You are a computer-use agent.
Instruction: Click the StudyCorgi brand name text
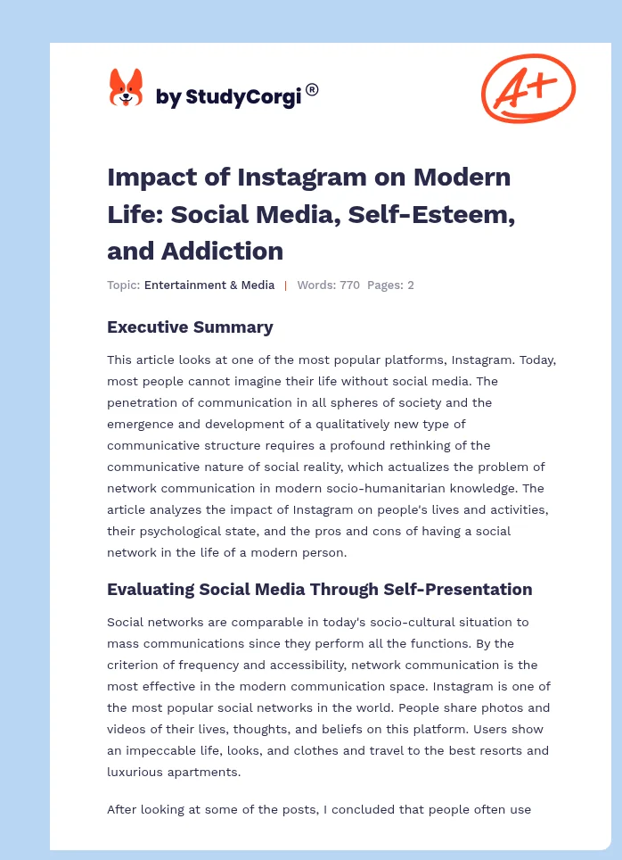pos(228,96)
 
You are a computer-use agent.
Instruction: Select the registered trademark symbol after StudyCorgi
pos(312,89)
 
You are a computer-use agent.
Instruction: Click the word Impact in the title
pos(146,177)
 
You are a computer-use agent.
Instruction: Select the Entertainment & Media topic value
pos(209,285)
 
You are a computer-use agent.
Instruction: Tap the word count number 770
pos(348,285)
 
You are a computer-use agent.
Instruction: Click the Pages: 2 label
pos(390,285)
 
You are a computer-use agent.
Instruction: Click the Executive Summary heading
pos(190,327)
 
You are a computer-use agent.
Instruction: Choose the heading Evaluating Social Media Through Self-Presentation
pos(319,590)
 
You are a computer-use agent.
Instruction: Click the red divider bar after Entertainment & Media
pos(286,285)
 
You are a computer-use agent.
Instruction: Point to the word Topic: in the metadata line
pos(124,285)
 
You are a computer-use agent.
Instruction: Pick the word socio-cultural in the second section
pos(400,622)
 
